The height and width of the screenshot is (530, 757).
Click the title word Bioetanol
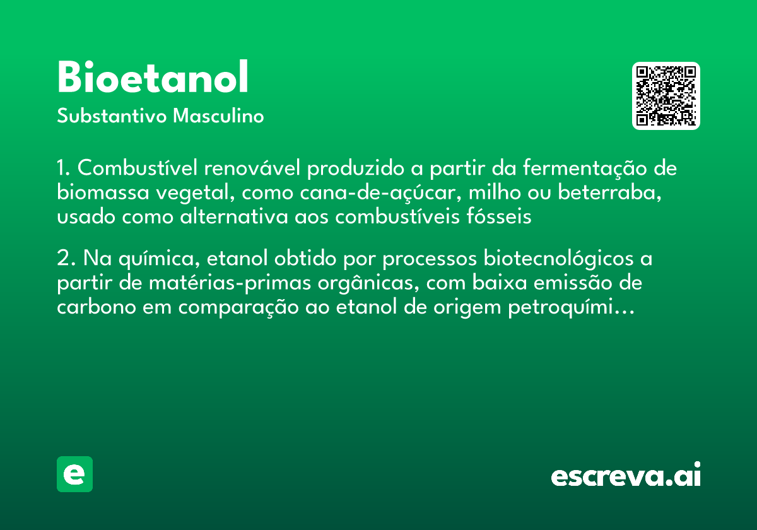[153, 78]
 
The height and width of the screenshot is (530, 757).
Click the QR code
[666, 96]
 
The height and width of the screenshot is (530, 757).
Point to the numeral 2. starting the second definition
[66, 260]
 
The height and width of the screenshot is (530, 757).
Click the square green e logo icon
[74, 474]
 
